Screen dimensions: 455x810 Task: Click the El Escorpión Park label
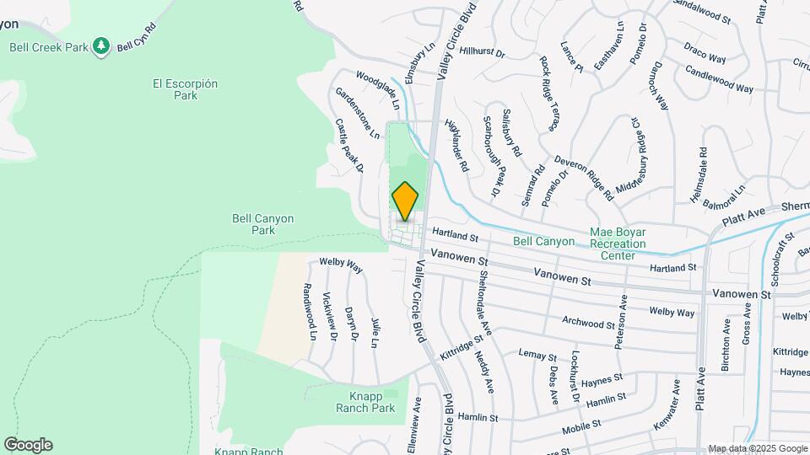click(186, 89)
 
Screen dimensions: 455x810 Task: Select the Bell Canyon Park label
click(263, 223)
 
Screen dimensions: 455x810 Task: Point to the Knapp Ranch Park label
click(372, 402)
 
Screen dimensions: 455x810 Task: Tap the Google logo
click(28, 445)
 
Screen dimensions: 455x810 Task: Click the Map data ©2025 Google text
click(757, 448)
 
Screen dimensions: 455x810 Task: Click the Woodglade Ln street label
click(377, 90)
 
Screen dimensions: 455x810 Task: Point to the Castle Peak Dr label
click(349, 145)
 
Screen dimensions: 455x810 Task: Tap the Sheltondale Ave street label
click(484, 298)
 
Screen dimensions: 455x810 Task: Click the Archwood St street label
click(590, 323)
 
